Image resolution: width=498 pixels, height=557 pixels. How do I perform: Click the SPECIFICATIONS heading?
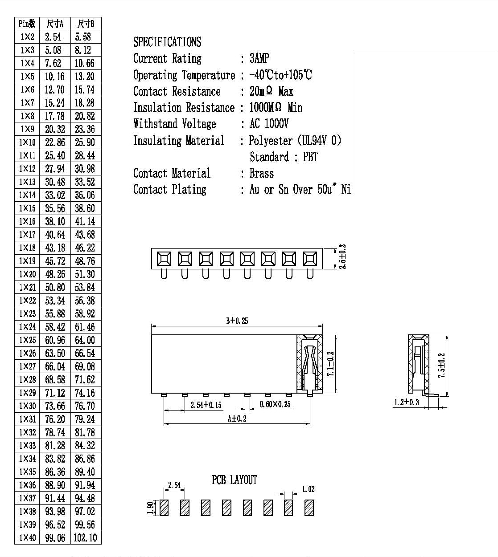[167, 42]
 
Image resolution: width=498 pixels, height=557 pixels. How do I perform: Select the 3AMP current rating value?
[259, 58]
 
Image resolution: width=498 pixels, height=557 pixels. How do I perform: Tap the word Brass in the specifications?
[262, 173]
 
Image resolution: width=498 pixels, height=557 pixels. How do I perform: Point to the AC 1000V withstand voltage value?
[269, 124]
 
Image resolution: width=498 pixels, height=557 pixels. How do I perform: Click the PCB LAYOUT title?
[234, 480]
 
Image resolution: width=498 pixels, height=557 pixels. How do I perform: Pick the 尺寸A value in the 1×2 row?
[53, 37]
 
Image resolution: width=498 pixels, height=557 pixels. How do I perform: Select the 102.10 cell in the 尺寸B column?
[85, 538]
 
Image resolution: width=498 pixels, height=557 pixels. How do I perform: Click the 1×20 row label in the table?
[27, 274]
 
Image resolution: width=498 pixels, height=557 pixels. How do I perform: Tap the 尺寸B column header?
[86, 24]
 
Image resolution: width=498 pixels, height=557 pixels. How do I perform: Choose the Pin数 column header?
[27, 24]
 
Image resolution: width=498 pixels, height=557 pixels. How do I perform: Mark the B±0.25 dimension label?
[237, 321]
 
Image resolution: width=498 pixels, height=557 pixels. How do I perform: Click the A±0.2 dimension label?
[237, 419]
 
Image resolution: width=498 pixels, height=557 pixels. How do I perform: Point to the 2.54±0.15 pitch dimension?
[206, 405]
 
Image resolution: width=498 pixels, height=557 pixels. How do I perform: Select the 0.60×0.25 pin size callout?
[275, 404]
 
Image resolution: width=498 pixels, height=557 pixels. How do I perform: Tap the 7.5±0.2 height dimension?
[441, 366]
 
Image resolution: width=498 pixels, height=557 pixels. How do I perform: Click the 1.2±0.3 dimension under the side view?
[407, 403]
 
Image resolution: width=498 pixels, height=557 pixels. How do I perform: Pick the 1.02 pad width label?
[309, 489]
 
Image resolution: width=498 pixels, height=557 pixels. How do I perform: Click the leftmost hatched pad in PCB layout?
[164, 508]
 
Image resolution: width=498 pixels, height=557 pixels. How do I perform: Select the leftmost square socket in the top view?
[164, 259]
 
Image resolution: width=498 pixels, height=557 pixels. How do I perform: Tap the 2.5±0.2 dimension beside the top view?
[342, 257]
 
